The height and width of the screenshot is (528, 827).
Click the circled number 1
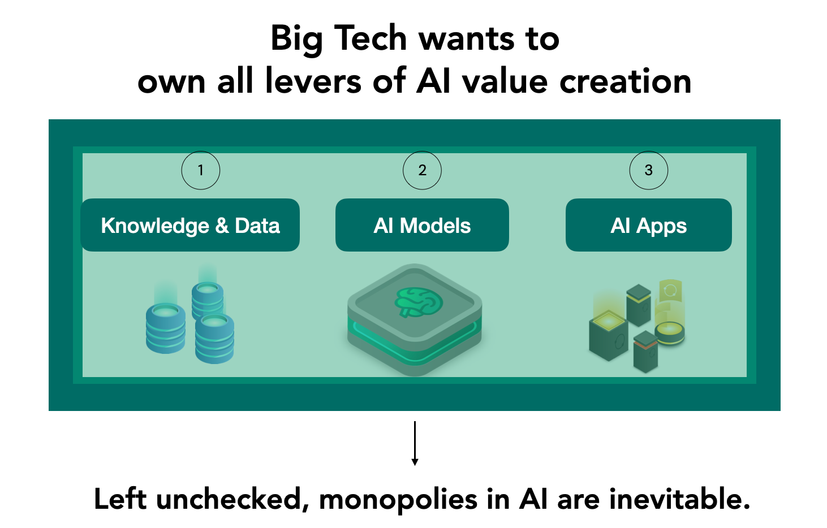coord(200,170)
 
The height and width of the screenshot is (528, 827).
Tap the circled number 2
coord(422,170)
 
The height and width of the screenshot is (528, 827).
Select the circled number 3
coord(649,170)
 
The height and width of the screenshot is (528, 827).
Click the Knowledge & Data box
coord(190,225)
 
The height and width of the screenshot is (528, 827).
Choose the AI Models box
coord(422,225)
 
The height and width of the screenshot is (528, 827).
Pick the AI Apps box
coord(649,225)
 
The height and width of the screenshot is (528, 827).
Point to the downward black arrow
coord(415,444)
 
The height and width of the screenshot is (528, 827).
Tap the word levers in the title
coord(313,81)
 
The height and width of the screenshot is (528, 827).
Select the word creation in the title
coord(625,81)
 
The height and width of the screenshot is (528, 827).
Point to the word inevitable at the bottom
coord(679,499)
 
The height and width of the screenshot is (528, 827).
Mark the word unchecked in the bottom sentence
coord(232,499)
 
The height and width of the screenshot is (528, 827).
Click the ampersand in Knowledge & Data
coord(222,226)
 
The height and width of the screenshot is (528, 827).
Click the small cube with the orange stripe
coord(646,352)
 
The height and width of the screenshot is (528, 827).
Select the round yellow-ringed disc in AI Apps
coord(670,333)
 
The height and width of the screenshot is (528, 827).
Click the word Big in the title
coord(297,40)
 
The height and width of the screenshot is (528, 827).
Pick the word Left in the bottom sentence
coord(120,499)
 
